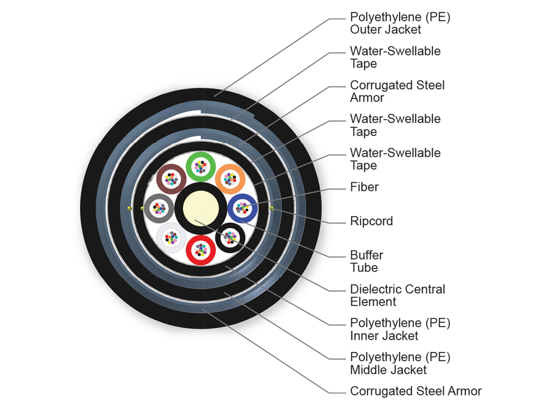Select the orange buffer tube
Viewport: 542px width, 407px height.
(229, 179)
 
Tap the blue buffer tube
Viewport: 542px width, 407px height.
(242, 208)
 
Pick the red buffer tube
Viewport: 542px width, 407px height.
(200, 249)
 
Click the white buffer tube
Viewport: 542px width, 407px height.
(171, 237)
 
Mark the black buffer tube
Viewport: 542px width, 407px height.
(230, 237)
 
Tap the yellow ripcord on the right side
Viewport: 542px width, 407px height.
(271, 208)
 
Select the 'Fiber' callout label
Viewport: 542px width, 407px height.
(364, 187)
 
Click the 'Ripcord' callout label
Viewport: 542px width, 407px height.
(371, 221)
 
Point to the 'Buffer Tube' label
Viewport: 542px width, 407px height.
(367, 261)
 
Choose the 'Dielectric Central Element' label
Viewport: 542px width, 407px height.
(397, 295)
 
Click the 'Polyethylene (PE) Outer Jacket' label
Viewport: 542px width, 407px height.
(400, 24)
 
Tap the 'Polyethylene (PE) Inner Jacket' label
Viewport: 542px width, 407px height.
(400, 329)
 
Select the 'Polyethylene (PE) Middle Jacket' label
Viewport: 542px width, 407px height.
(400, 363)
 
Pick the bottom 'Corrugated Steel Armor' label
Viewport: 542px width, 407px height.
(416, 391)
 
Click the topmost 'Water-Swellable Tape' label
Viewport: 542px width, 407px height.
(395, 57)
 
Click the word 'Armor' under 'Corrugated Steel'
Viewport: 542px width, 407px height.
(367, 98)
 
